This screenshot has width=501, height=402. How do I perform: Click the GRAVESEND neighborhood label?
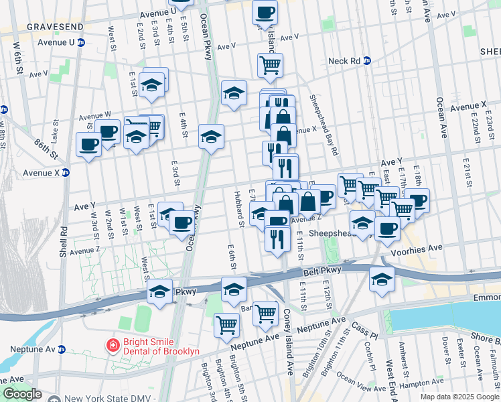(x=55, y=26)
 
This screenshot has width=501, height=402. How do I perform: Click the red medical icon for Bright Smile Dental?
(x=113, y=345)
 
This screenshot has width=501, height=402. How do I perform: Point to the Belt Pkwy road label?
(x=321, y=270)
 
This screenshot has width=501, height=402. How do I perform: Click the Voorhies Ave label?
(x=421, y=248)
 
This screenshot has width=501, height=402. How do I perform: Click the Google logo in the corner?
(x=22, y=395)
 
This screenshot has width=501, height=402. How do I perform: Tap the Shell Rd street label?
(x=63, y=241)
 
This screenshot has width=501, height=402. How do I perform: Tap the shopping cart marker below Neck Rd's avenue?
(x=270, y=65)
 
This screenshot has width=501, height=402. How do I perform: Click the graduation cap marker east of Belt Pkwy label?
(x=382, y=279)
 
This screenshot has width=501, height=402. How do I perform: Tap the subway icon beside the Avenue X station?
(x=66, y=172)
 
